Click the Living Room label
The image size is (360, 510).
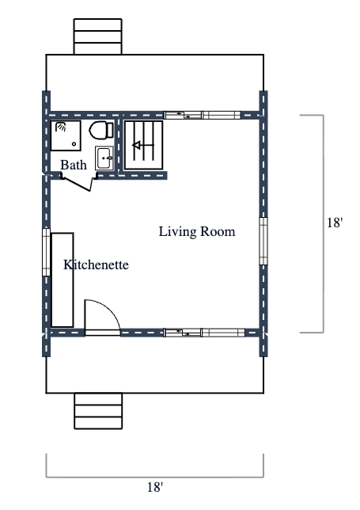click(x=197, y=232)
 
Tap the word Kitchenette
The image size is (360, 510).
click(x=96, y=265)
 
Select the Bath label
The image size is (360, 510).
click(x=74, y=166)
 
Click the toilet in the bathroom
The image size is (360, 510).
click(x=100, y=130)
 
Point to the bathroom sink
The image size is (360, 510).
click(x=104, y=158)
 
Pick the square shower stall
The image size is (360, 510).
click(x=67, y=135)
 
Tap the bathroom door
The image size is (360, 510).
click(x=77, y=185)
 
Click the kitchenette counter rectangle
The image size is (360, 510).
click(x=63, y=280)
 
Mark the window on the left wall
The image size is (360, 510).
click(x=46, y=253)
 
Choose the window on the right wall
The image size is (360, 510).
click(x=263, y=240)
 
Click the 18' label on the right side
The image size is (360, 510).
click(x=335, y=223)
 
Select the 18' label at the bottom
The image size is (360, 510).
click(x=155, y=487)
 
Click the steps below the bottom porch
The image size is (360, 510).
click(x=98, y=410)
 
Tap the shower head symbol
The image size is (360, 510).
click(x=60, y=127)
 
